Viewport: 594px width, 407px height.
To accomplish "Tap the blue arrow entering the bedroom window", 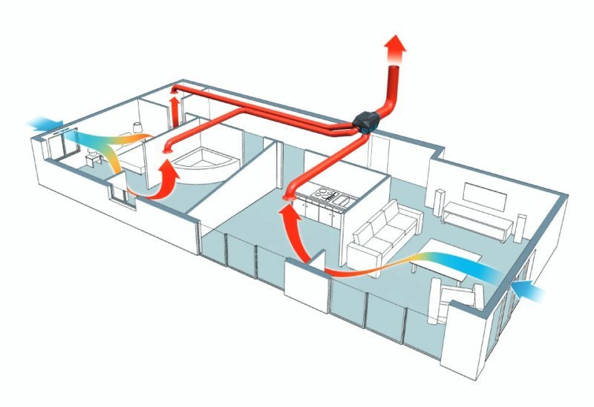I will tap(45, 123).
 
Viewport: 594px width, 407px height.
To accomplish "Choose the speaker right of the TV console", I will tap(521, 227).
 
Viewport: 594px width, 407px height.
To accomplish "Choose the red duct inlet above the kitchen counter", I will tap(289, 196).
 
